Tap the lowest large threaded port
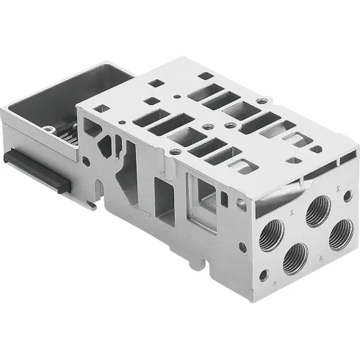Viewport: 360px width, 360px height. [x=295, y=256]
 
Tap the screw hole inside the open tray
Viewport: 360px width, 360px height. [x=48, y=129]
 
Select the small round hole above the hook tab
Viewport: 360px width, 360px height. [x=87, y=161]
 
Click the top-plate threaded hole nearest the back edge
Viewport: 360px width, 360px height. [x=262, y=100]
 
